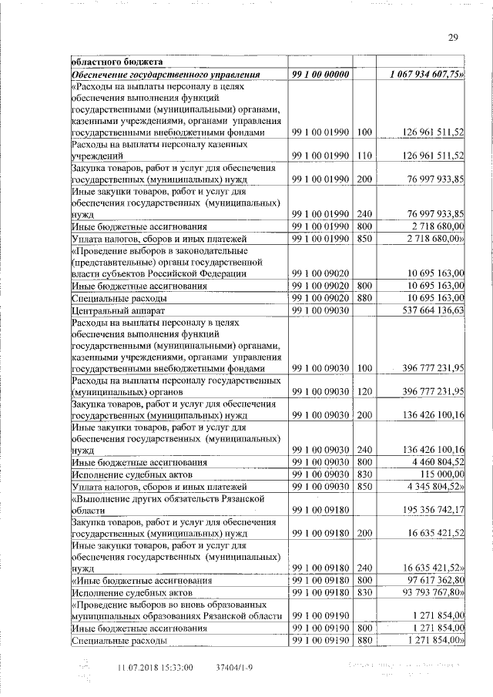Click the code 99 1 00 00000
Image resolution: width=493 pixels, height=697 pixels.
tap(321, 74)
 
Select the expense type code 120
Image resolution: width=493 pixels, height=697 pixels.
tap(364, 391)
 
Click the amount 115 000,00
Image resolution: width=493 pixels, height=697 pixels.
tap(443, 474)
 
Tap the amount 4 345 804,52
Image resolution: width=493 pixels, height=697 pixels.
tap(436, 487)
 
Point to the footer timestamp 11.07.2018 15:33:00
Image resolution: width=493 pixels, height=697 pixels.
tap(155, 667)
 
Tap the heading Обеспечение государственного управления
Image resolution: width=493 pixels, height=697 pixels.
tap(171, 74)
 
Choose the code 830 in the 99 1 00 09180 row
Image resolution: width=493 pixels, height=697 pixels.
tap(364, 591)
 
